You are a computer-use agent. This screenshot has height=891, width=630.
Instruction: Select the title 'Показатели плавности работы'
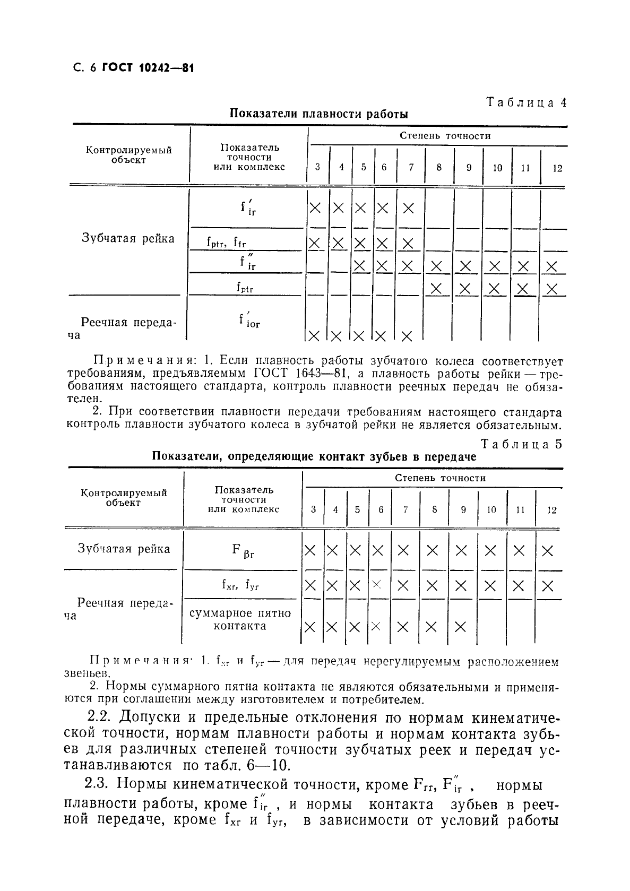[x=319, y=114]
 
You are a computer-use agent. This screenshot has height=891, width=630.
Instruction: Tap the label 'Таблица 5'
[x=521, y=444]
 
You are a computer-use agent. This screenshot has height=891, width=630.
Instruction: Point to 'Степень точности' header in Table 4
[x=445, y=136]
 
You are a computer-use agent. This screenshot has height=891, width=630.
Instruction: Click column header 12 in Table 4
[x=557, y=168]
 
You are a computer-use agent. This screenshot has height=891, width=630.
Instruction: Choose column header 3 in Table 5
[x=313, y=509]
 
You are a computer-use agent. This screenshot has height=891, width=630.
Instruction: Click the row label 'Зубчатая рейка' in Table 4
[x=128, y=238]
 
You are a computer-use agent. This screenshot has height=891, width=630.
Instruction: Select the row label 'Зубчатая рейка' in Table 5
[x=124, y=548]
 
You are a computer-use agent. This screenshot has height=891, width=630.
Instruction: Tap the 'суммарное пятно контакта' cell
[x=240, y=619]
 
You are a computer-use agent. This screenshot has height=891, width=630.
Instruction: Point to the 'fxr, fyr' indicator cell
[x=240, y=585]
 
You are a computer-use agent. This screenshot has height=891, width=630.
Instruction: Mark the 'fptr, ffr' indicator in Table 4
[x=226, y=243]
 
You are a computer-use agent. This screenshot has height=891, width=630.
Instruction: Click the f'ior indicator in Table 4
[x=248, y=320]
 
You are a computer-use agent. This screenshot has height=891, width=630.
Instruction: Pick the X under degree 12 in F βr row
[x=547, y=551]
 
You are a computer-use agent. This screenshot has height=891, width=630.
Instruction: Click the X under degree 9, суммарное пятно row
[x=460, y=627]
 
